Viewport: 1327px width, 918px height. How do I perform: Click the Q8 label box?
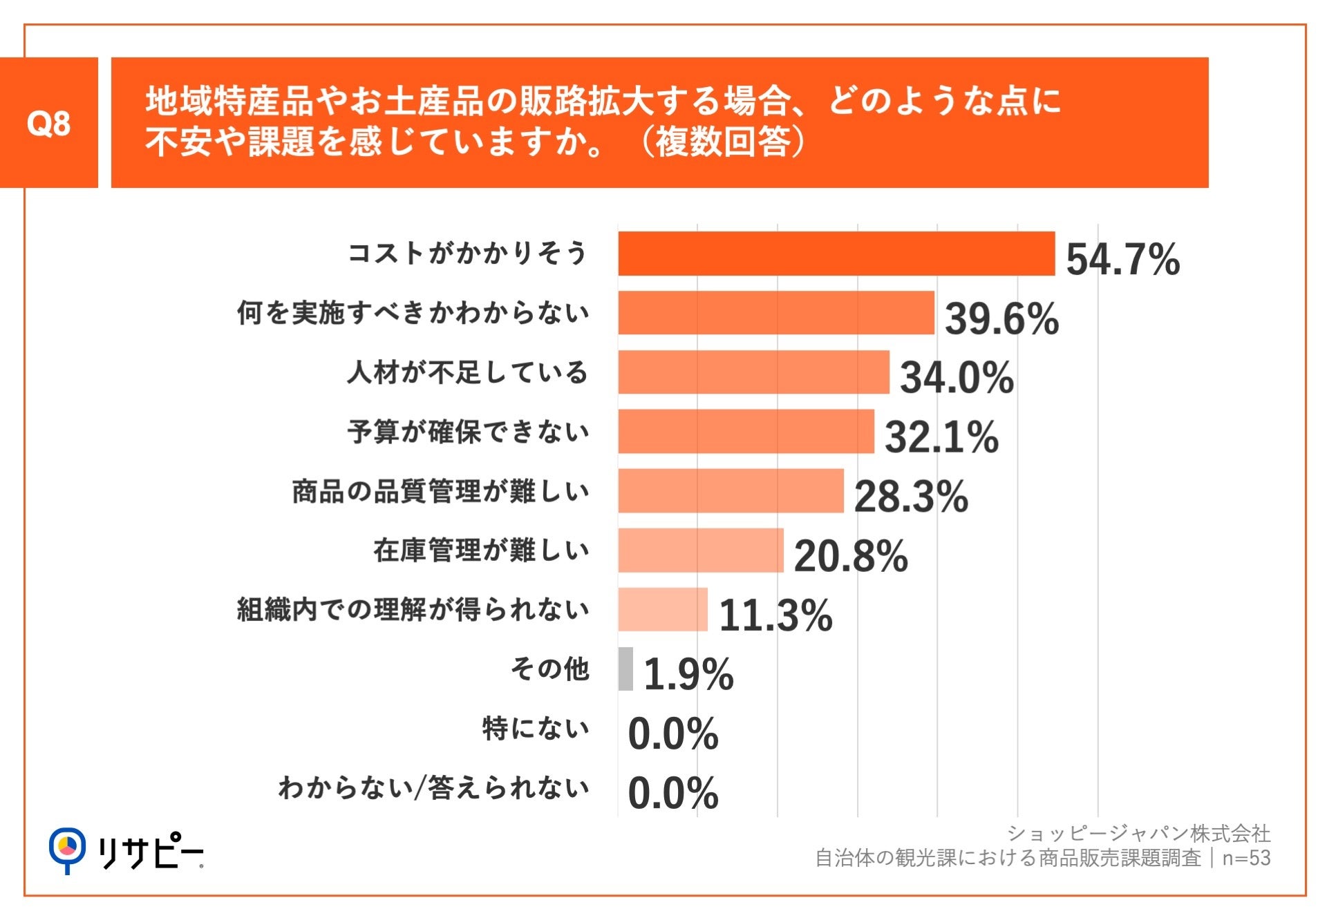click(48, 123)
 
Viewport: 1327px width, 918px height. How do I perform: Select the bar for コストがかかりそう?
click(836, 254)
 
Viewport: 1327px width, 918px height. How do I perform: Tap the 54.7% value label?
click(1122, 260)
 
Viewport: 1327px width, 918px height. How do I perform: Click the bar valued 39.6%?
click(775, 313)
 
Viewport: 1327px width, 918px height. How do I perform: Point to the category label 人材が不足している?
click(467, 372)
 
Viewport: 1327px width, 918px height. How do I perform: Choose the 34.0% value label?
click(957, 378)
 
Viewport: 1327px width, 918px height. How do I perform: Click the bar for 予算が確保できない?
click(746, 432)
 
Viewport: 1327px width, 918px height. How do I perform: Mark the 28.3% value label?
click(911, 497)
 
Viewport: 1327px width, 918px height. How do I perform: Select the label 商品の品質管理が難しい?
click(440, 492)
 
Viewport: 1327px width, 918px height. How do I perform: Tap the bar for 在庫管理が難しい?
click(701, 551)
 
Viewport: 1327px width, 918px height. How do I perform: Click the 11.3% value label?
click(775, 615)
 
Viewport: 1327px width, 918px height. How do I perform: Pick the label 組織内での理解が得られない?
click(413, 610)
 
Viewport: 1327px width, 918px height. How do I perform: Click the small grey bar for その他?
click(625, 669)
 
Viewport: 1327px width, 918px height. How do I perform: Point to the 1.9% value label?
click(688, 675)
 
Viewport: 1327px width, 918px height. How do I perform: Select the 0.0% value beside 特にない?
click(673, 734)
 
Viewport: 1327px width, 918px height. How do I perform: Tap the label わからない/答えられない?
click(433, 787)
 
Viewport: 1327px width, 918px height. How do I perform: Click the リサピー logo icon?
click(67, 848)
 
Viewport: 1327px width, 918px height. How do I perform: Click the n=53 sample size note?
click(1246, 858)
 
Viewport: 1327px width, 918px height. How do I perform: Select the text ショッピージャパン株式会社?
click(1138, 834)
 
